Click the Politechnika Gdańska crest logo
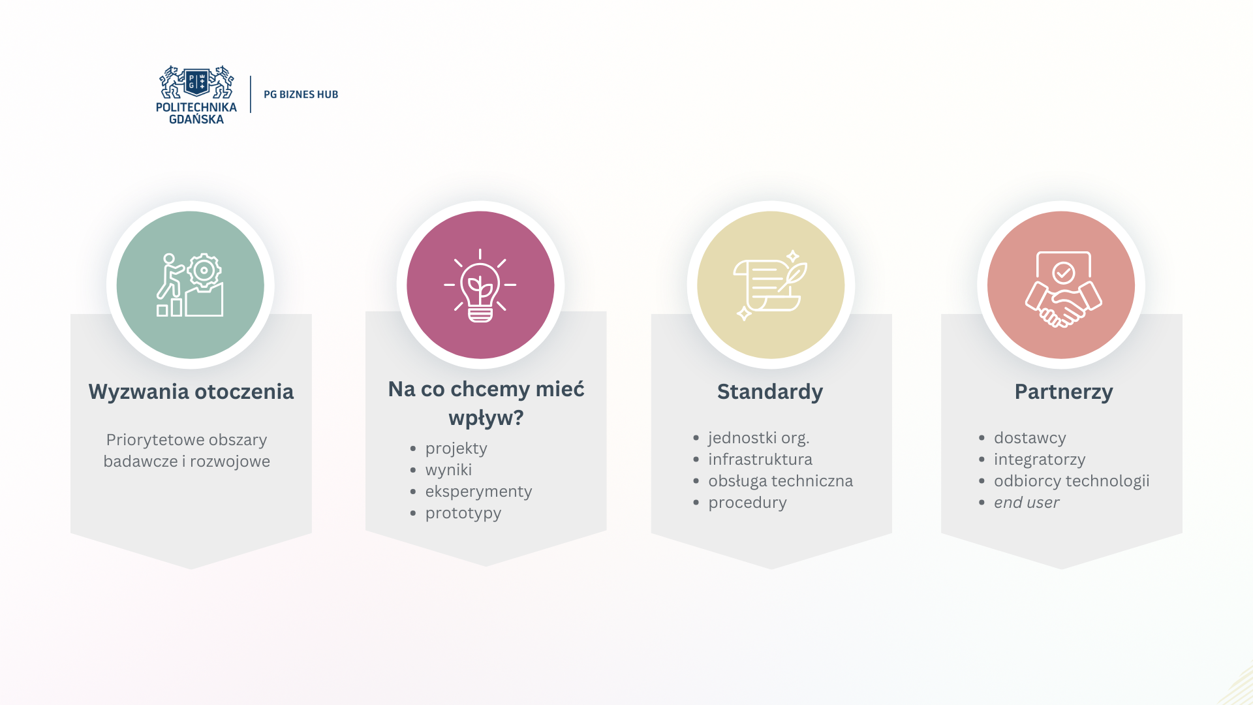point(196,95)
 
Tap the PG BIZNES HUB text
point(301,95)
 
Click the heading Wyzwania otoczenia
point(191,392)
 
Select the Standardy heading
point(770,392)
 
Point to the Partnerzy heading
point(1064,392)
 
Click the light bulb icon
point(480,285)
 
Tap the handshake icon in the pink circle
point(1064,289)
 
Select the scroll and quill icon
point(771,285)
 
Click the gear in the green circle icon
point(204,270)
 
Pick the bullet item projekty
point(456,448)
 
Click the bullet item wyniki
point(448,470)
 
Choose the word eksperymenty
point(478,492)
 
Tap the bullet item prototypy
point(463,513)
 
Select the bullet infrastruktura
point(760,460)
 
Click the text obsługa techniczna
point(781,481)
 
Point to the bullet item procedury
point(748,503)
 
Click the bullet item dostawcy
point(1030,438)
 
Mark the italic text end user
point(1027,503)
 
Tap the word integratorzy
point(1040,460)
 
